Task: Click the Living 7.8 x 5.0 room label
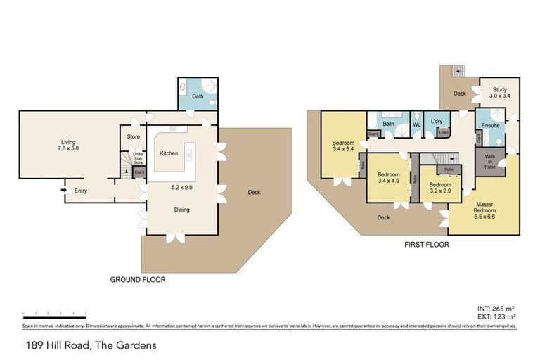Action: pos(67,145)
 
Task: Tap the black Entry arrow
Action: pos(63,190)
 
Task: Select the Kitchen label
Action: pos(169,153)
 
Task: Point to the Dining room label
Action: pos(181,209)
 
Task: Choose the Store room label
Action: pos(134,136)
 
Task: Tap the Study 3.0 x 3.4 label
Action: pos(500,92)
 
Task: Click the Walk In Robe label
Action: pos(489,162)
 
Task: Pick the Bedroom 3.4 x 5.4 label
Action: pos(342,146)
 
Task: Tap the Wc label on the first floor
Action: pos(416,125)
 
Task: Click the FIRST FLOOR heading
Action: pos(427,245)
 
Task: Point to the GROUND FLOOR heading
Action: pos(138,279)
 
